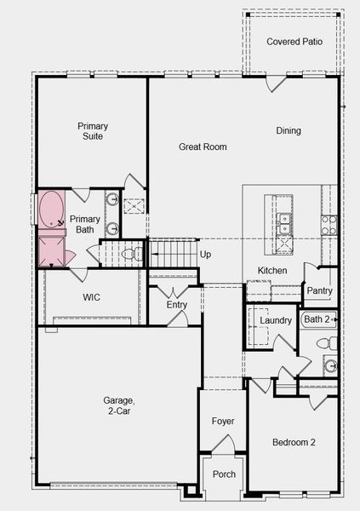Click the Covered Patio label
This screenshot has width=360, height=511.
click(x=294, y=42)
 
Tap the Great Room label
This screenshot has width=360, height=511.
click(x=203, y=146)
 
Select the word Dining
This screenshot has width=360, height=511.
click(x=289, y=131)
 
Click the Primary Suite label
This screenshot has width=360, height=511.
click(x=93, y=131)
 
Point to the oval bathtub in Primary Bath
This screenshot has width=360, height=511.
click(x=51, y=210)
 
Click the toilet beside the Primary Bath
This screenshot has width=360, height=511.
click(x=132, y=254)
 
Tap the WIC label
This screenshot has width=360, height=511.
click(x=92, y=297)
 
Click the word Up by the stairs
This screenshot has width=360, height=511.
click(x=205, y=255)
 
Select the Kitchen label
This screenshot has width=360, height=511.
click(x=272, y=271)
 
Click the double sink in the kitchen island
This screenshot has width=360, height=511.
click(x=284, y=223)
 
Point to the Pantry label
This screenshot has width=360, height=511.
click(x=320, y=290)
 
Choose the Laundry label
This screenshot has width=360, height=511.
click(x=276, y=320)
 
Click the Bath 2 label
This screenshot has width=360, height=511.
click(x=317, y=319)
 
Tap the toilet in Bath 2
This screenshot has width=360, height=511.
click(x=327, y=343)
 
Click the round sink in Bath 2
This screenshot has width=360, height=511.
click(x=330, y=365)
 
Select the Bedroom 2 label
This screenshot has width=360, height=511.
click(x=294, y=442)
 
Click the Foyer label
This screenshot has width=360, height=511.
click(x=223, y=422)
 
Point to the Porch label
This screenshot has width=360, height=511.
click(x=224, y=474)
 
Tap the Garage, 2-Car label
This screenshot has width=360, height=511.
click(x=118, y=405)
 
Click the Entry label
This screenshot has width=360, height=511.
click(x=177, y=305)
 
